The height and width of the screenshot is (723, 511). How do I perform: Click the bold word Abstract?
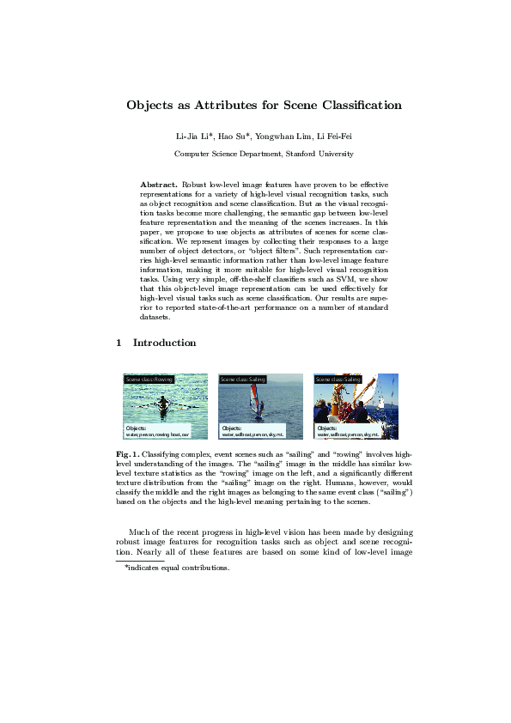(158, 185)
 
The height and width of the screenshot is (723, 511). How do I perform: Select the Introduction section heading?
(164, 343)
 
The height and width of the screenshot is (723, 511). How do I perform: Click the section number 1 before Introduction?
(119, 343)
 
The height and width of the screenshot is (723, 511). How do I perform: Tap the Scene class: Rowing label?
(149, 379)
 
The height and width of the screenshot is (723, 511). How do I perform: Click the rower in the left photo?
(163, 401)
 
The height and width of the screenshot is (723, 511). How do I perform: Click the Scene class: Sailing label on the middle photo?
(244, 379)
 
